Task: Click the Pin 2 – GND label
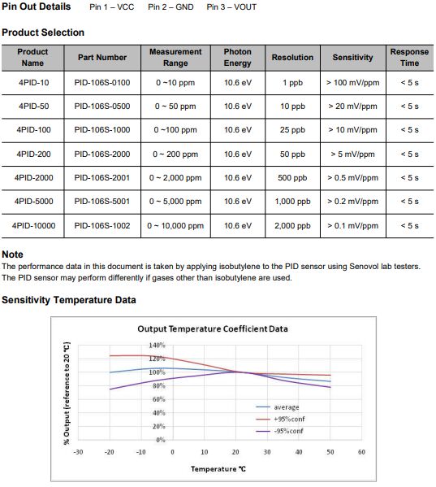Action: pos(171,7)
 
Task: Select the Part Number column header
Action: pos(102,58)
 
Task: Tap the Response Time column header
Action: pos(409,58)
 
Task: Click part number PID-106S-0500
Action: pos(102,107)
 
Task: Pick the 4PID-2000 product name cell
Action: pos(33,178)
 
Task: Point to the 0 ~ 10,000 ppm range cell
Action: pos(175,226)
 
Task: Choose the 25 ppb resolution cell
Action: pos(292,130)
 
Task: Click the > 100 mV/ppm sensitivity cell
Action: pos(353,83)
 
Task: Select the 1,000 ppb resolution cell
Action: pos(292,202)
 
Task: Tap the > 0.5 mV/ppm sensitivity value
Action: pos(353,178)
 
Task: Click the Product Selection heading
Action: pos(43,33)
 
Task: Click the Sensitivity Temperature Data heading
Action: pos(69,300)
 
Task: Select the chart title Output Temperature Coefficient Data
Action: pos(213,329)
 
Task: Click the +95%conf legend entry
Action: pos(280,420)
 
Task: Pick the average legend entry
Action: pos(278,407)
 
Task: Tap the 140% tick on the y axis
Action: pos(158,346)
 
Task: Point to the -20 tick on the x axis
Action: pos(109,452)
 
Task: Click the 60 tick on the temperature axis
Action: pos(361,452)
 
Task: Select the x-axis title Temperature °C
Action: pos(218,469)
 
